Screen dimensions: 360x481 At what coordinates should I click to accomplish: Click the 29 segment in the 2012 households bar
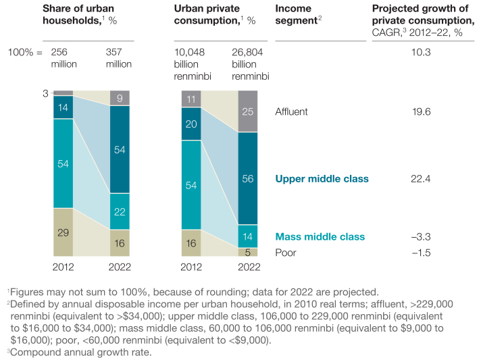(63, 232)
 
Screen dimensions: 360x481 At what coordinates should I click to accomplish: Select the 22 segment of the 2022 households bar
(120, 211)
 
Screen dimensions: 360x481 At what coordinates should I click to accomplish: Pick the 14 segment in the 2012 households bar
(63, 107)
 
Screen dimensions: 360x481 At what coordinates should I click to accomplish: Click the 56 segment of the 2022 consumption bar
(248, 178)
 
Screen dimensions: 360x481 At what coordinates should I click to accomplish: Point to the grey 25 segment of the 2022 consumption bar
(248, 111)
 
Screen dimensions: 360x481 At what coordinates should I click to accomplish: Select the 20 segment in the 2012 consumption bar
(191, 124)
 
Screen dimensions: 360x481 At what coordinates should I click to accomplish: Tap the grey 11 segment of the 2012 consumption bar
(191, 99)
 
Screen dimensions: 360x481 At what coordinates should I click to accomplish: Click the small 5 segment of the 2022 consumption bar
(248, 252)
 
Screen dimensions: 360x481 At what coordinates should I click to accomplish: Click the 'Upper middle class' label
(322, 179)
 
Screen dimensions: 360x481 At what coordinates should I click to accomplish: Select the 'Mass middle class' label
(320, 236)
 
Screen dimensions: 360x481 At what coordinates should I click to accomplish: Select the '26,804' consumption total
(249, 51)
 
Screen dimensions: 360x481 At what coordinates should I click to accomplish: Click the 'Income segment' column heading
(299, 21)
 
